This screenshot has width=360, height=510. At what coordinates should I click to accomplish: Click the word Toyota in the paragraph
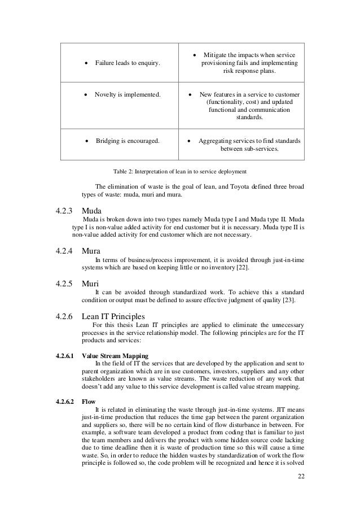[x=222, y=188]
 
